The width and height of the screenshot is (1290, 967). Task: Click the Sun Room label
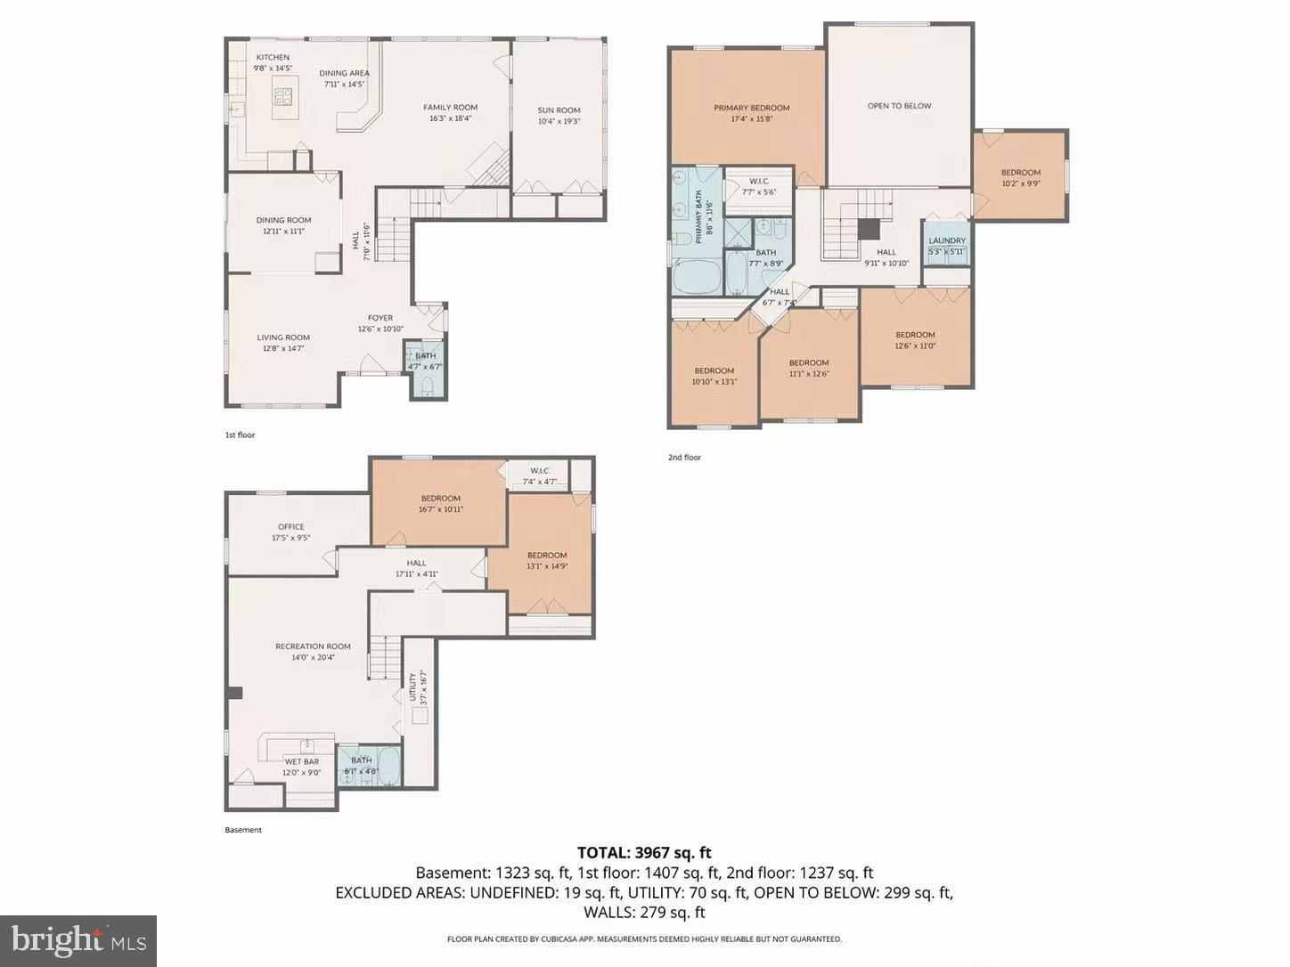(x=559, y=110)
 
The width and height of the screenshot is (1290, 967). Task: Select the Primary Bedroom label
(x=751, y=108)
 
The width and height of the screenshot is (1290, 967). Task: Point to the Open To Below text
(x=899, y=106)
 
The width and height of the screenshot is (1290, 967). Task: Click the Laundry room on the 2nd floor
(x=946, y=245)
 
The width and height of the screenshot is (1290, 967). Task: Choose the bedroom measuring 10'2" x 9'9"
(x=1020, y=177)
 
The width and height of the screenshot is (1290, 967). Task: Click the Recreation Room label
(x=313, y=646)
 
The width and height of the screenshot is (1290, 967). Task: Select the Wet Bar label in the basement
(x=301, y=761)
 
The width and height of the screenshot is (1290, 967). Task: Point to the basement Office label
(x=290, y=526)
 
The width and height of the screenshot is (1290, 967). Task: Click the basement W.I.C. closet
(x=540, y=475)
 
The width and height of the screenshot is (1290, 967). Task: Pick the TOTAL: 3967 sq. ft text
(x=644, y=853)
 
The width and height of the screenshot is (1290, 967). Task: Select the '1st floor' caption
(x=240, y=435)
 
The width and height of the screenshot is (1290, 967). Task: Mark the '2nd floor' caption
(x=684, y=458)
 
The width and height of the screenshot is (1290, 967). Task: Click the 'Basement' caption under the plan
(x=243, y=830)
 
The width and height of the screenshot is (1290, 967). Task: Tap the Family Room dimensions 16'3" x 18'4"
(x=450, y=118)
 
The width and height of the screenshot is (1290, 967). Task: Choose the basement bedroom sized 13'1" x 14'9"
(x=547, y=560)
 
